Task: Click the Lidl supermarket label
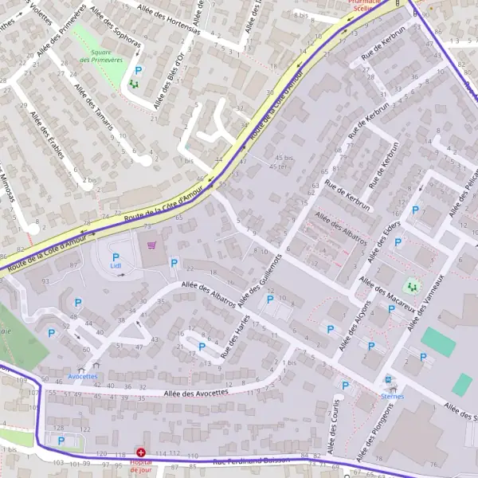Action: pyautogui.click(x=116, y=265)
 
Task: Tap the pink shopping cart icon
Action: pyautogui.click(x=151, y=246)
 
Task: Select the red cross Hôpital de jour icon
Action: pyautogui.click(x=141, y=452)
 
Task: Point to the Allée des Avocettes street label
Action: pyautogui.click(x=196, y=392)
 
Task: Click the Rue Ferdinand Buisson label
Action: pyautogui.click(x=252, y=461)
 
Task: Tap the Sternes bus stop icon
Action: pyautogui.click(x=389, y=380)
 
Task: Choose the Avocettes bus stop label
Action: pyautogui.click(x=83, y=376)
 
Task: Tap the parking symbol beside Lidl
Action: pyautogui.click(x=116, y=257)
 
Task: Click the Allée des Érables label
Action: pyautogui.click(x=45, y=135)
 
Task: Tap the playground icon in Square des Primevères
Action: pyautogui.click(x=133, y=83)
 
